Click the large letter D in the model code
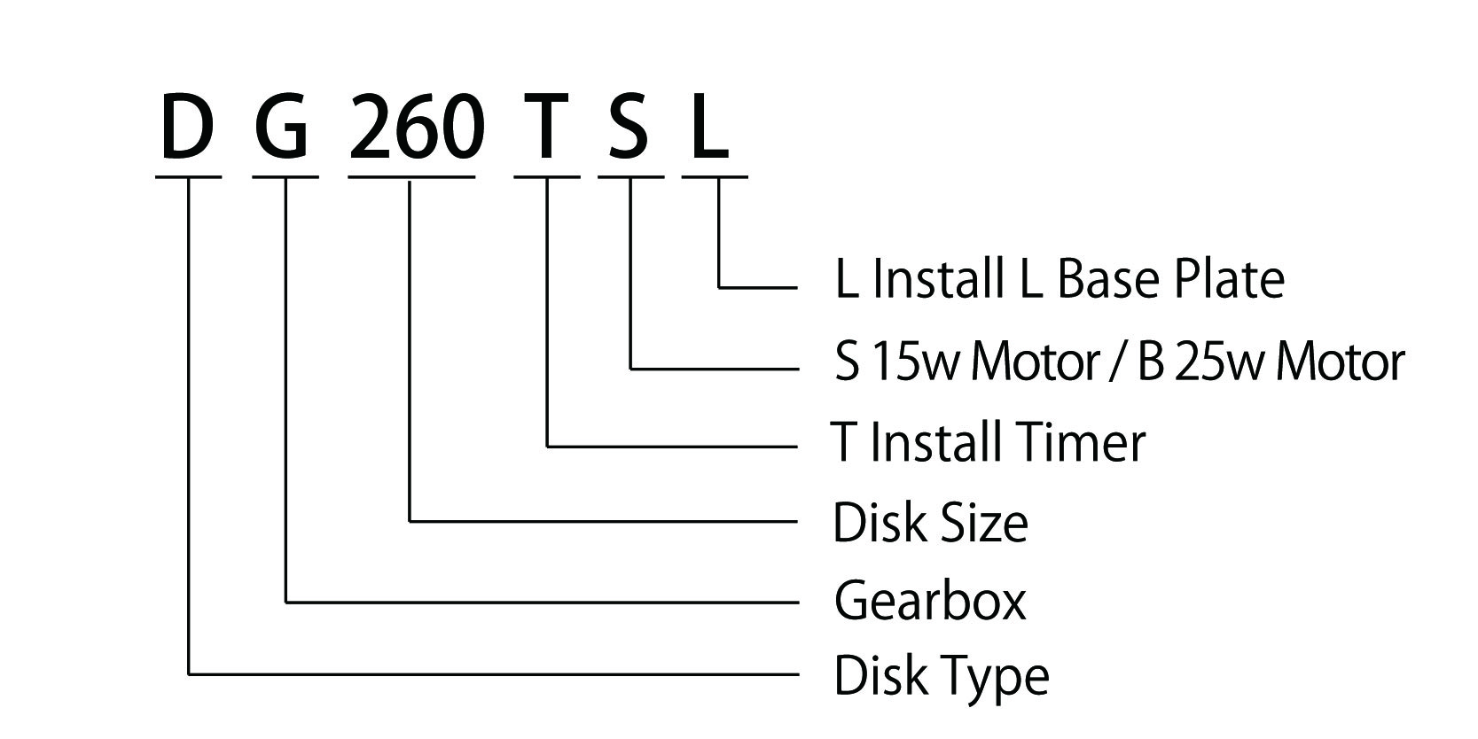[187, 127]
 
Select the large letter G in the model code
[282, 127]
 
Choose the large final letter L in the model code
[709, 127]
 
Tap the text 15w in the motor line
[913, 362]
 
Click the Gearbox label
[930, 601]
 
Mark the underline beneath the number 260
[411, 176]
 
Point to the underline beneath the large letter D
[188, 176]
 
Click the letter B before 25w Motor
[1151, 362]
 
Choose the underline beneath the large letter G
[285, 176]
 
